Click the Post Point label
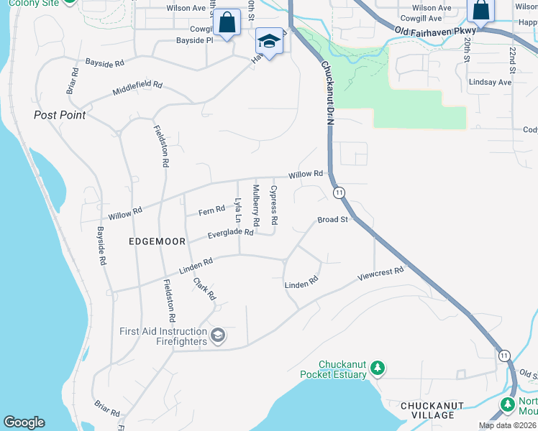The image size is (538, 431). pyautogui.click(x=60, y=115)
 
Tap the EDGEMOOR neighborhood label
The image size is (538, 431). pyautogui.click(x=157, y=241)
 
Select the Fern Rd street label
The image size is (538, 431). pyautogui.click(x=211, y=210)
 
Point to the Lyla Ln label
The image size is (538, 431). pyautogui.click(x=237, y=209)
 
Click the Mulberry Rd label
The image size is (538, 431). pyautogui.click(x=255, y=203)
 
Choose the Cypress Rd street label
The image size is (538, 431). pyautogui.click(x=273, y=205)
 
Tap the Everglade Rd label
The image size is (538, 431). pyautogui.click(x=230, y=233)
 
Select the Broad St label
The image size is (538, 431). pyautogui.click(x=333, y=220)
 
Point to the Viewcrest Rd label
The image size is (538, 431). pyautogui.click(x=381, y=274)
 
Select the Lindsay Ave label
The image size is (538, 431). pyautogui.click(x=490, y=83)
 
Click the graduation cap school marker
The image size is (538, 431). pyautogui.click(x=269, y=42)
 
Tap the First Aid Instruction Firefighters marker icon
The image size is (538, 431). pyautogui.click(x=217, y=335)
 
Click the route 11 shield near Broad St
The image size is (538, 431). pyautogui.click(x=339, y=193)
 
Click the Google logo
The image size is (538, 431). pyautogui.click(x=24, y=422)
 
